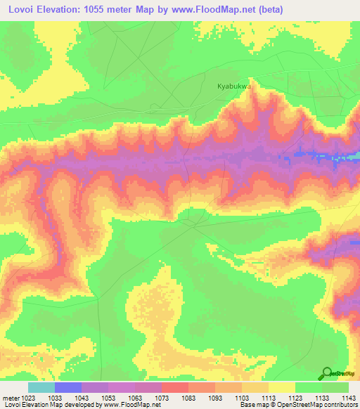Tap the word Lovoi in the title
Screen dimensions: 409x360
(x=20, y=9)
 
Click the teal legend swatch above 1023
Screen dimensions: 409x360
(x=41, y=387)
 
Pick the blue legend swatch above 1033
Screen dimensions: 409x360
(x=68, y=387)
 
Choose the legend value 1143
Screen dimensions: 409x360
(x=349, y=397)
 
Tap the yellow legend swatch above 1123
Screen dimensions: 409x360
(x=282, y=387)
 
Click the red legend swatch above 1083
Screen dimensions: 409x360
(x=175, y=387)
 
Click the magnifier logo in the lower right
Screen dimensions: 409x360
(x=327, y=373)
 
